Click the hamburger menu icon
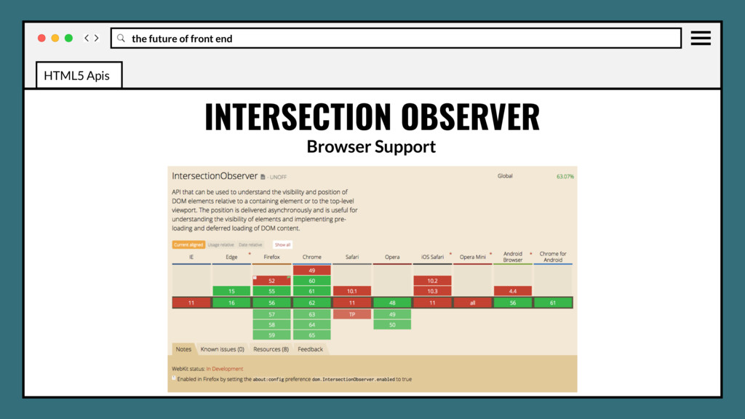coord(701,38)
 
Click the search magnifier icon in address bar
coord(121,38)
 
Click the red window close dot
coord(41,38)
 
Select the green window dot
coord(68,38)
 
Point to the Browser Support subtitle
coord(371,146)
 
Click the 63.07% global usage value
coord(565,176)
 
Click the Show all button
coord(282,245)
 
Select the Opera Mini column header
coord(472,257)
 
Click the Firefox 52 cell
coord(271,280)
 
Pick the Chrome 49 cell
coord(311,270)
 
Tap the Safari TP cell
coord(351,314)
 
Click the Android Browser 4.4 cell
coord(512,291)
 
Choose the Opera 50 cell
coord(391,324)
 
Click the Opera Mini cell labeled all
coord(472,303)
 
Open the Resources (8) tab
coord(271,349)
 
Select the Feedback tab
coord(310,349)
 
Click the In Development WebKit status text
coord(225,369)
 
